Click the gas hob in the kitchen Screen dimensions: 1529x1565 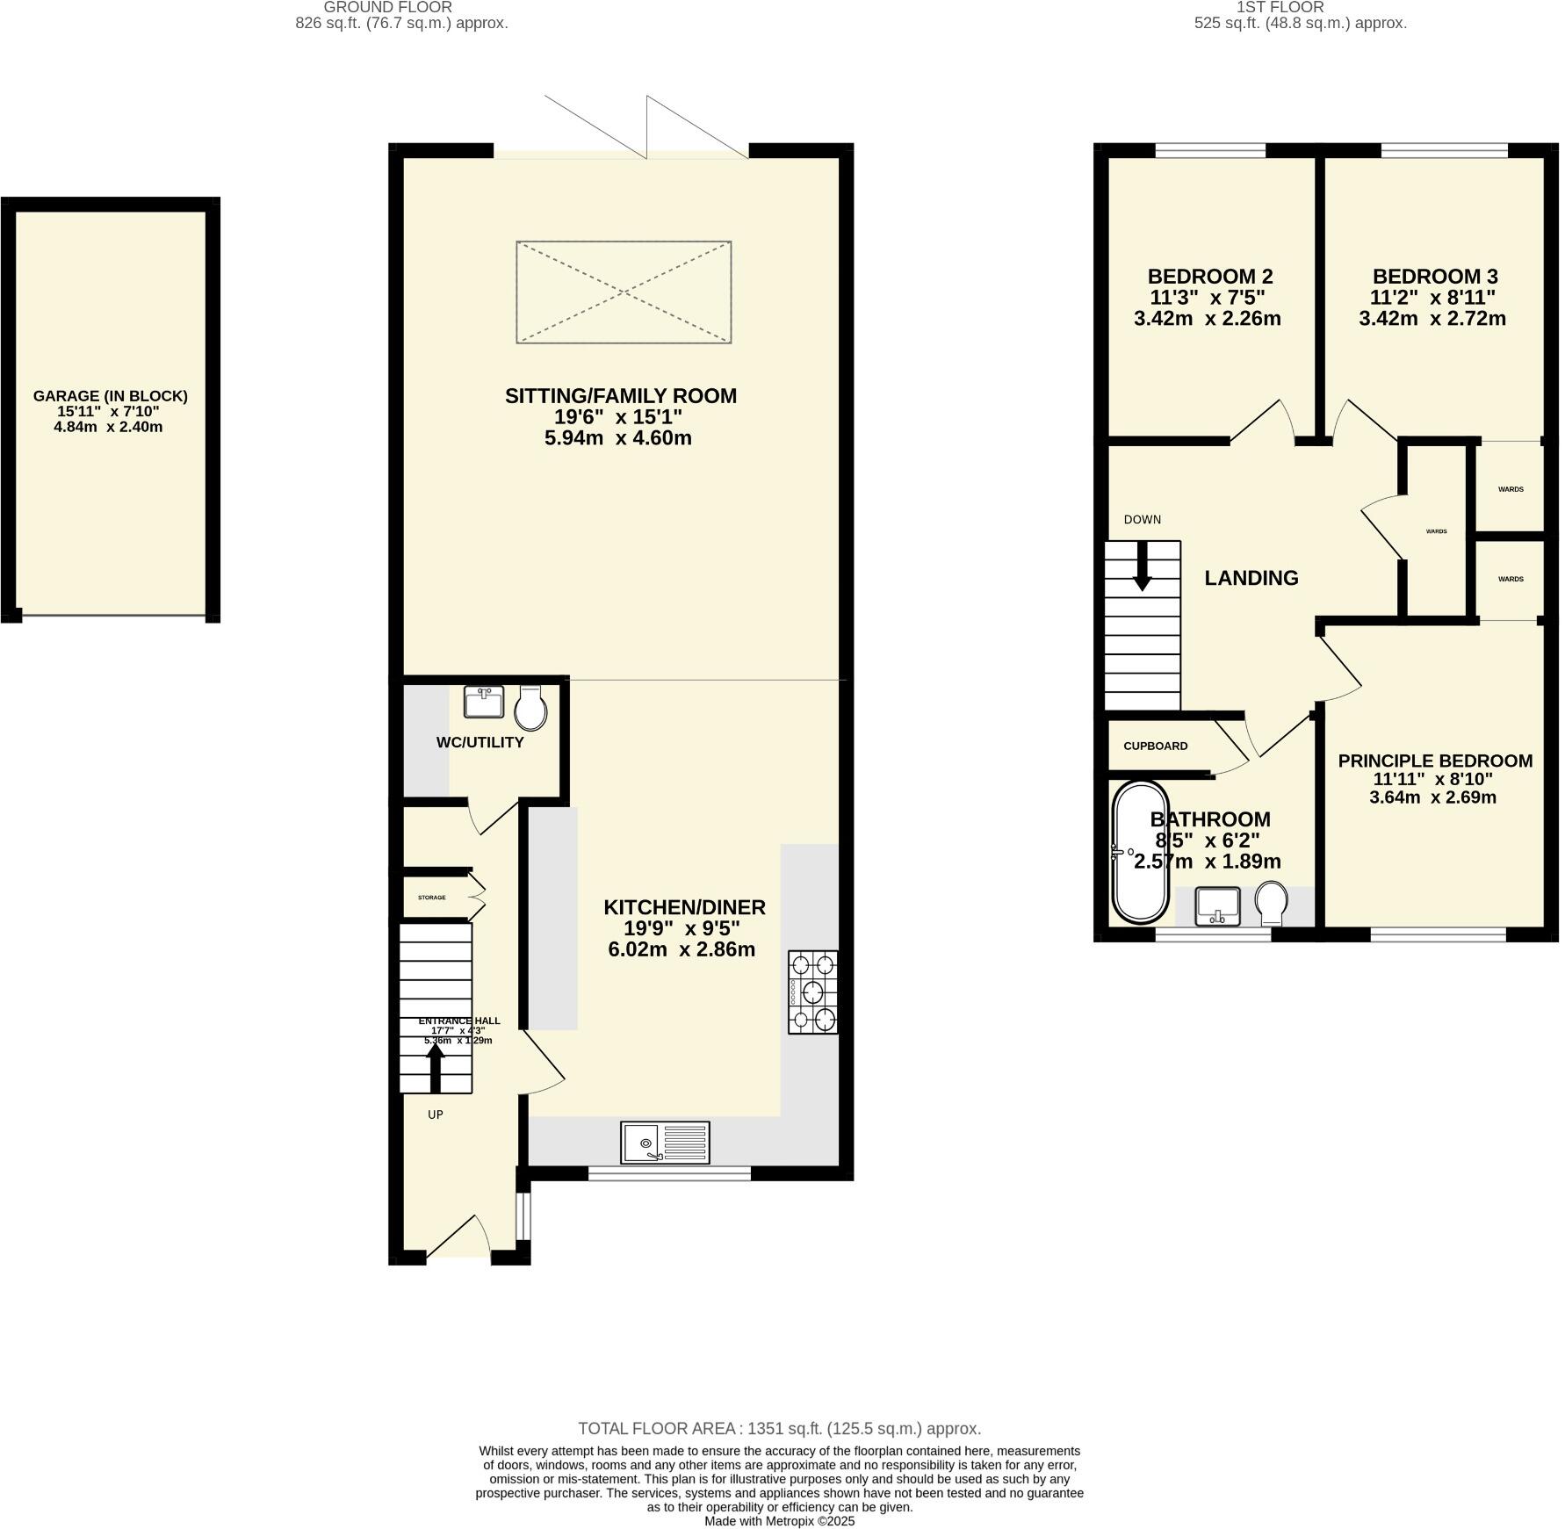pos(812,992)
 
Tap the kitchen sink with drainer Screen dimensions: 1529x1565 pos(665,1142)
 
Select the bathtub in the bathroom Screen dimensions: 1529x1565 pos(1140,852)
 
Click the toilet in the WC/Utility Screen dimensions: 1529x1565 pos(531,708)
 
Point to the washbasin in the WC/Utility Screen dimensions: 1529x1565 pos(483,703)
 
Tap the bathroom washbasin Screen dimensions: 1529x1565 pos(1217,906)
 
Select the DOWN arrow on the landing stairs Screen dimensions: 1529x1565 pos(1142,566)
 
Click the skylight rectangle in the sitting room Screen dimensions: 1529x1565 pos(624,292)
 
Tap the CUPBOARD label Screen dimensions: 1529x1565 pos(1155,746)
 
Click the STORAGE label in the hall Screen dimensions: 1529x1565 pos(431,898)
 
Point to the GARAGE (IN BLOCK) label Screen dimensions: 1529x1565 pos(111,396)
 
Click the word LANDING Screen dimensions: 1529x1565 pos(1251,578)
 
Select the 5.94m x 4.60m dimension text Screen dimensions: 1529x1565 pos(617,437)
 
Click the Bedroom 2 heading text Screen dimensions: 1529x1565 pos(1209,276)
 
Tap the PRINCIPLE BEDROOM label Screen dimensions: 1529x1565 pos(1434,761)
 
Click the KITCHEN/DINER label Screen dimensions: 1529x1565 pos(684,907)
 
